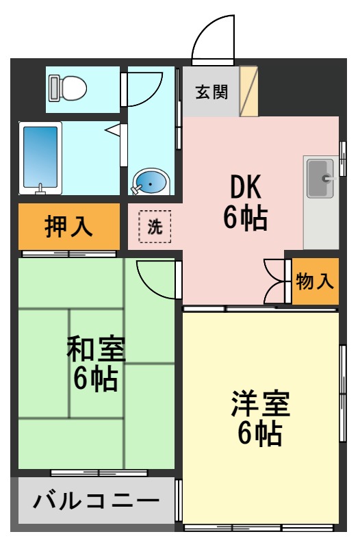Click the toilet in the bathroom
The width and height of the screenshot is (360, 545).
tap(68, 87)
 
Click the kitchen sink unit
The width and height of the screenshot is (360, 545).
tap(320, 177)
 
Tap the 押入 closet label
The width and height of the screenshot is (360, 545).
tap(68, 227)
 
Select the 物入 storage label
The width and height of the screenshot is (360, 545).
tap(316, 281)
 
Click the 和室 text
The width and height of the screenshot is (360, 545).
tap(96, 349)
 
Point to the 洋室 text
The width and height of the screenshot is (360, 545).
tap(261, 404)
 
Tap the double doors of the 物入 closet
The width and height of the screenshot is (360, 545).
tap(274, 281)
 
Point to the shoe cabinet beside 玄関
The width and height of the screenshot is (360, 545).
tap(248, 91)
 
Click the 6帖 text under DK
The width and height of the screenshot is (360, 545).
tap(244, 218)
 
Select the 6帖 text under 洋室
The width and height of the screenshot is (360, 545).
tap(261, 434)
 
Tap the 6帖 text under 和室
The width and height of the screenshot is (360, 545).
tap(96, 379)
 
